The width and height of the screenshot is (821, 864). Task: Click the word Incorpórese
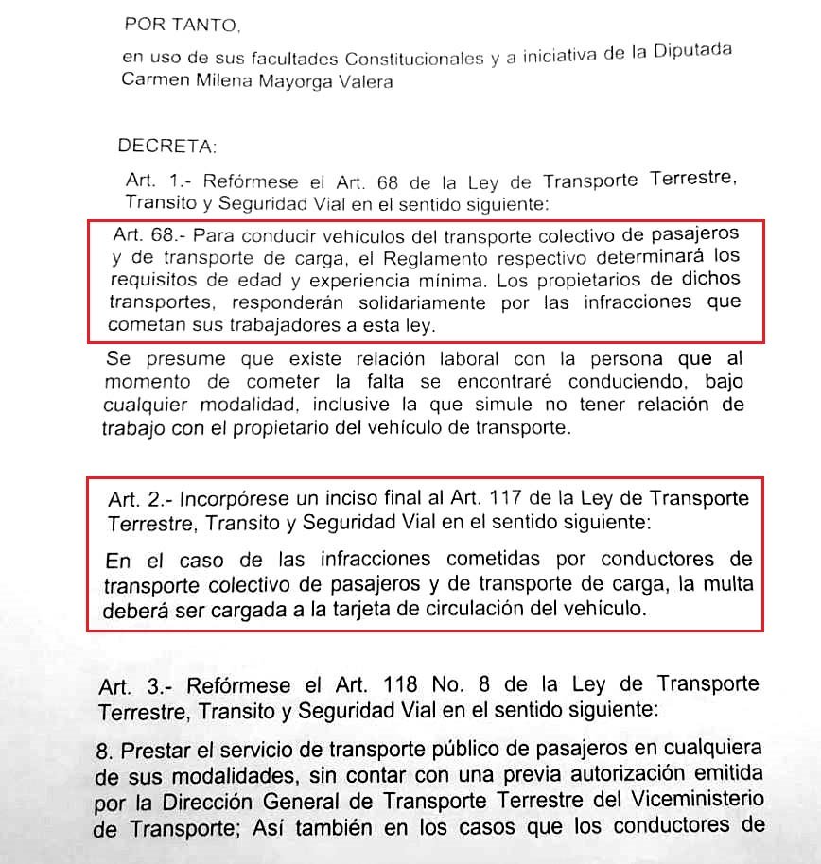pos(237,498)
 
